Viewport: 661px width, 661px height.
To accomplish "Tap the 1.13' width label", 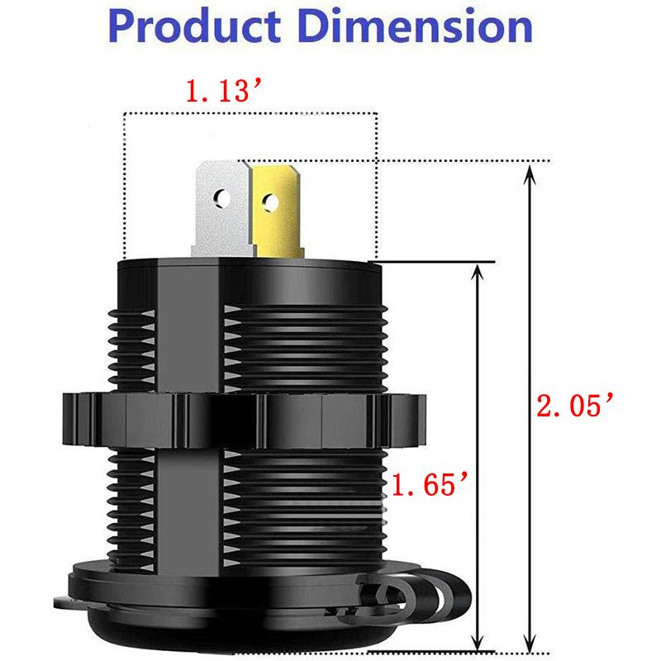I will point(219,91).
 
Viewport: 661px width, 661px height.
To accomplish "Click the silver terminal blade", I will point(221,207).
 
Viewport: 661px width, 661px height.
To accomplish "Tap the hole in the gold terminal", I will point(269,200).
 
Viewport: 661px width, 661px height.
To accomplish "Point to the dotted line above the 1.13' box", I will point(248,113).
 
